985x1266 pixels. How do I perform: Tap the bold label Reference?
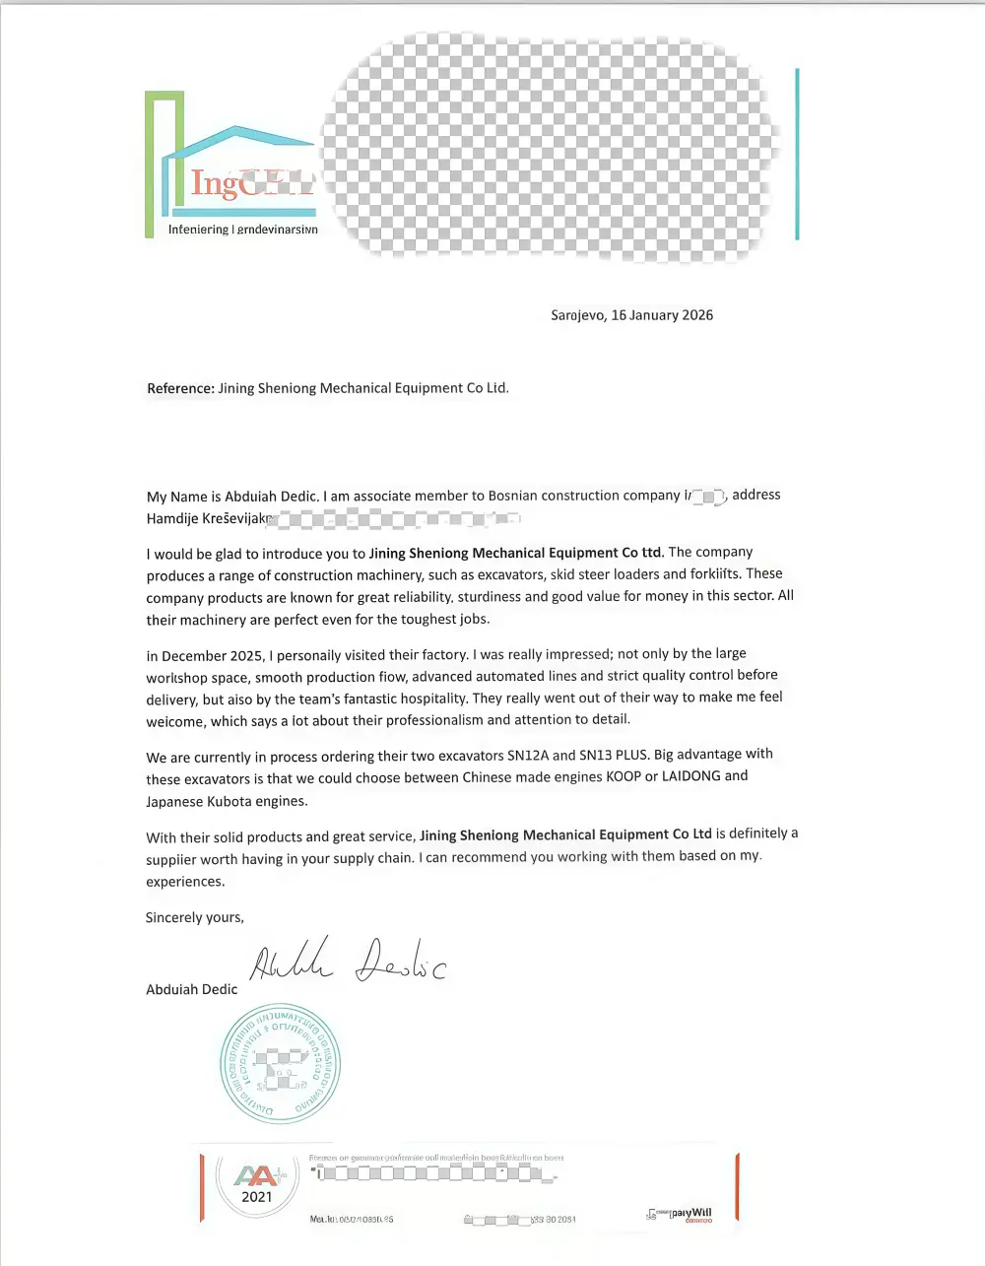[x=180, y=388]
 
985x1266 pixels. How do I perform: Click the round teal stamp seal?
[x=280, y=1065]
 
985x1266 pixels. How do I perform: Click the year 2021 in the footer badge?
[x=256, y=1197]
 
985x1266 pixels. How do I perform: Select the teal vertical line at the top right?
[x=796, y=155]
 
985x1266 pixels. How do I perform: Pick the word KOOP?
[x=624, y=777]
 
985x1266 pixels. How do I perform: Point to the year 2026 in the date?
[x=697, y=315]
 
